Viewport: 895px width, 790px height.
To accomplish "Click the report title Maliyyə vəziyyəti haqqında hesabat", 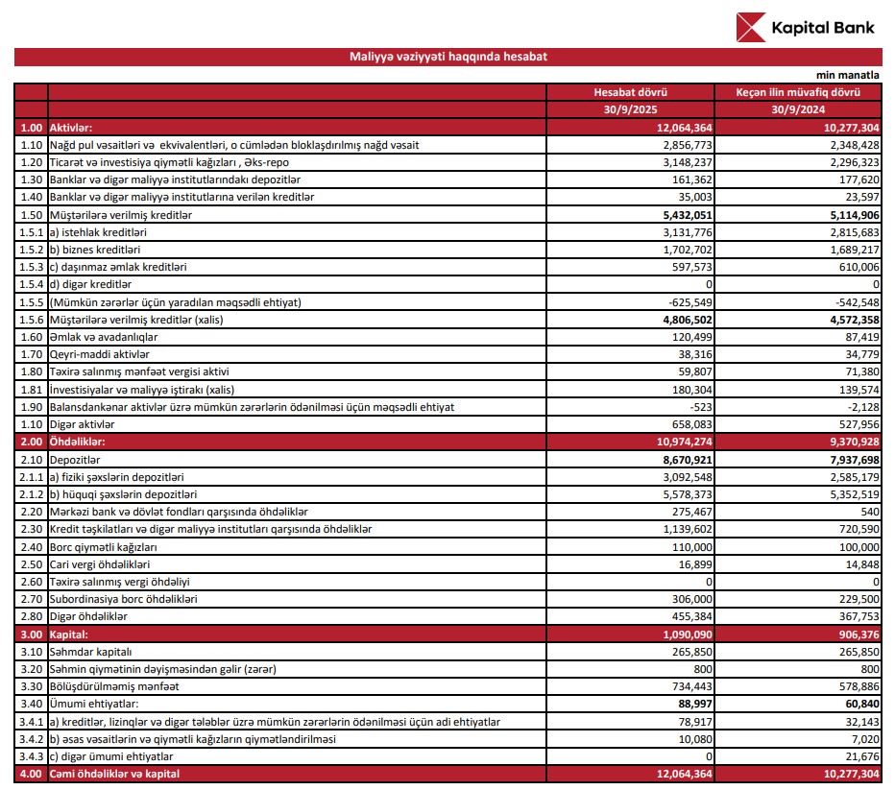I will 448,57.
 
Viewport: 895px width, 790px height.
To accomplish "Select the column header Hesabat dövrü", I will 630,92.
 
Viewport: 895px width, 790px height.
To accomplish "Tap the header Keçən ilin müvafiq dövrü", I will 796,92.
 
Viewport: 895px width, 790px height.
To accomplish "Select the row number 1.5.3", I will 31,268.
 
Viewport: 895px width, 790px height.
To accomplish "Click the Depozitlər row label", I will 80,460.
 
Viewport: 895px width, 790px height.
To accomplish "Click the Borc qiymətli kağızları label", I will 104,547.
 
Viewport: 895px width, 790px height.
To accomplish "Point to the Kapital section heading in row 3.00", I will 69,634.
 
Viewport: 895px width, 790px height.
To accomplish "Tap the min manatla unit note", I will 848,74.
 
